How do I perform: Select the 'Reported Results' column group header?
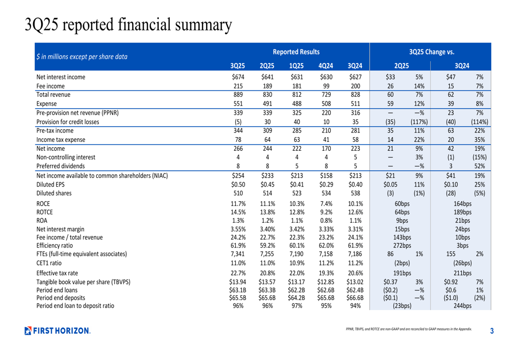tap(296, 52)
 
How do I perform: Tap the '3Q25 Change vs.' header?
tap(431, 52)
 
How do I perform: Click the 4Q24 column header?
tap(326, 66)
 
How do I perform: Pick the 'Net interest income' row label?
tap(60, 77)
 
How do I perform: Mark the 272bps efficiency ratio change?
tap(402, 245)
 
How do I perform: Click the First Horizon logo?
tap(57, 331)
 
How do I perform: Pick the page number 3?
tap(492, 331)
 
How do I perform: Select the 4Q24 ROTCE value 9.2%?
tap(326, 212)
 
